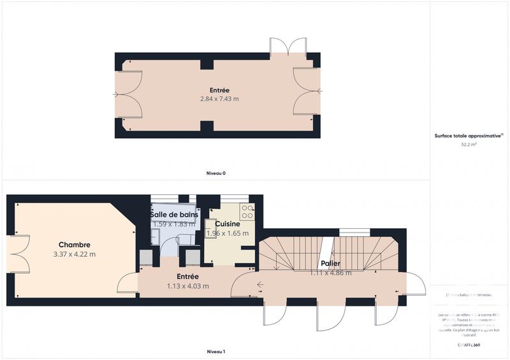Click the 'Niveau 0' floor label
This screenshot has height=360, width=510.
[215, 173]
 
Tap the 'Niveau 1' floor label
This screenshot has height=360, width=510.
[215, 352]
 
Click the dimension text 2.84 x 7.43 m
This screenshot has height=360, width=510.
[219, 99]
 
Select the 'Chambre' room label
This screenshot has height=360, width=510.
[74, 245]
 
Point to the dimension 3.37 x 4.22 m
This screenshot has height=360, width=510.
[74, 254]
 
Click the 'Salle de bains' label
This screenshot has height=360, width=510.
[174, 215]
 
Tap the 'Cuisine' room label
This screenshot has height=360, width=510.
[227, 224]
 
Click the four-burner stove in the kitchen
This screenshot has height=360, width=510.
[247, 212]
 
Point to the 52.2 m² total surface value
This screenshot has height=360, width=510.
[469, 145]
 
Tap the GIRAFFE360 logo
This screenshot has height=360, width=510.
[469, 345]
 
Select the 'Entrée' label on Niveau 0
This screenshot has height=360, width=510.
[219, 90]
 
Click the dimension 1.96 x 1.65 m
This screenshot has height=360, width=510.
[227, 234]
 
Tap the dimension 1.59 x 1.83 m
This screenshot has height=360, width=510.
[174, 224]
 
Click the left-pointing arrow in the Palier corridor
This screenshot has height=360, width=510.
[261, 285]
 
